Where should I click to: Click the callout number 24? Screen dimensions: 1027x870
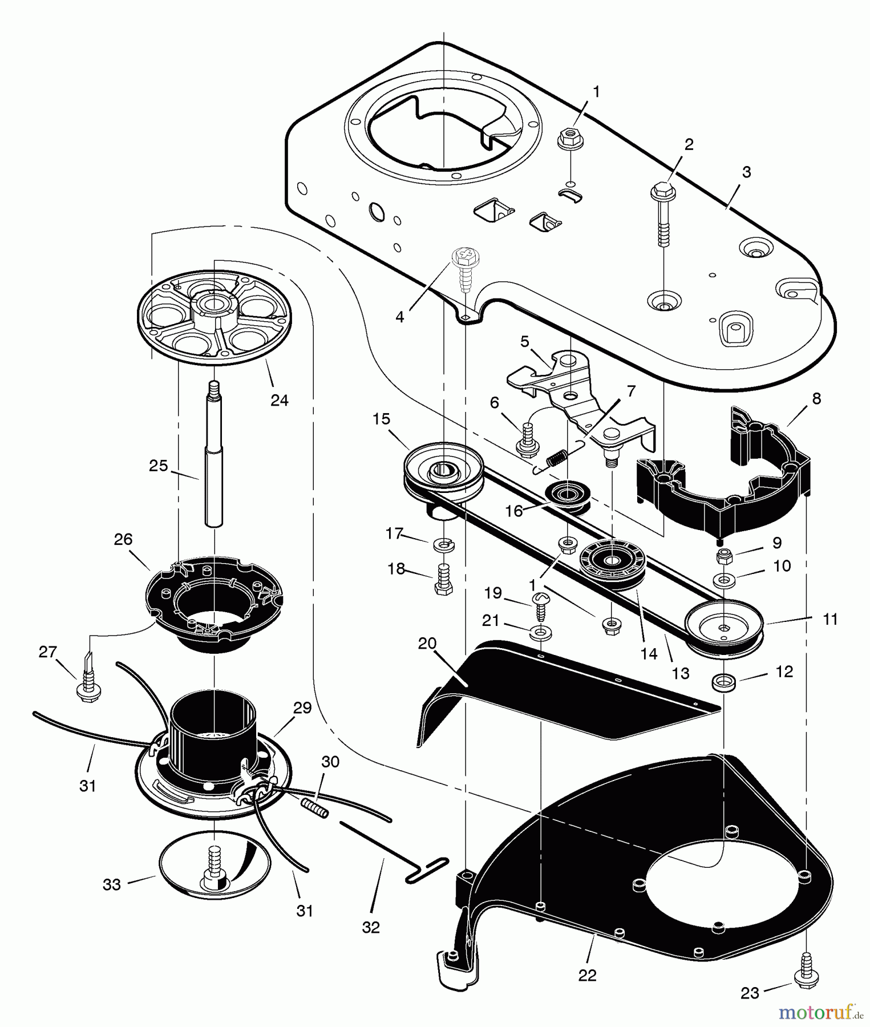[x=279, y=400]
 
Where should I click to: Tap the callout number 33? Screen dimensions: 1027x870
[x=112, y=884]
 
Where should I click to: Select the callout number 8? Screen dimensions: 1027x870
[x=816, y=399]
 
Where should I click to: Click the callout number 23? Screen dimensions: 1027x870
[x=750, y=993]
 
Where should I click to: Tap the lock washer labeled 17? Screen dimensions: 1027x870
[x=444, y=545]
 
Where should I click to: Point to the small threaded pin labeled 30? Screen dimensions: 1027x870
[x=315, y=808]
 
